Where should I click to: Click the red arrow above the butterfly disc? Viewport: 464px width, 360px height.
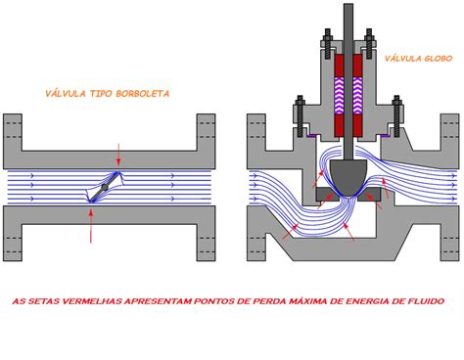(119, 155)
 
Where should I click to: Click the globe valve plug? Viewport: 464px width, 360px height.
(348, 176)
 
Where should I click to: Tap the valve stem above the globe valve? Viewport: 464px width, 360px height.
(348, 24)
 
